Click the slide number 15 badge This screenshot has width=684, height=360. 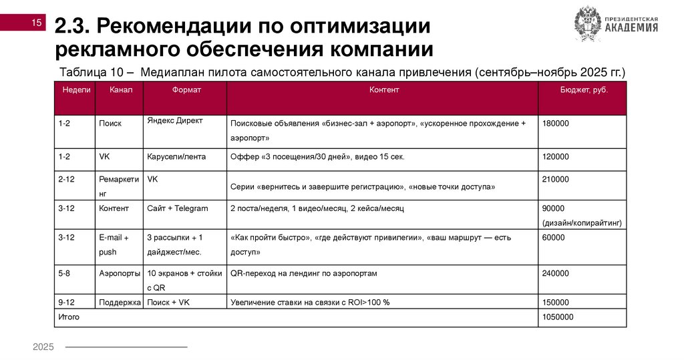[x=37, y=23]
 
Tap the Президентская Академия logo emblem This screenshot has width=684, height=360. [x=588, y=25]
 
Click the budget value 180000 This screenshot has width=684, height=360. [x=556, y=124]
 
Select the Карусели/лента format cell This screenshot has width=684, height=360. [x=176, y=157]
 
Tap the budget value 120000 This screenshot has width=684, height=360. [x=556, y=157]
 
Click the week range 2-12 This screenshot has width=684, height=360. [x=65, y=179]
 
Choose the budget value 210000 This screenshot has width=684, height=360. [x=556, y=179]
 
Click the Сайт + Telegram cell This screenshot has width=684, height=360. [x=177, y=208]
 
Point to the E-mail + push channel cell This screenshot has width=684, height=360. [x=114, y=244]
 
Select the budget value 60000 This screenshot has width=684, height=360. [x=554, y=237]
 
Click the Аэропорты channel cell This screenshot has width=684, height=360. [x=119, y=273]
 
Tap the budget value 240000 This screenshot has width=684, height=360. [x=556, y=273]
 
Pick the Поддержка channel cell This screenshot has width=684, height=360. [x=120, y=303]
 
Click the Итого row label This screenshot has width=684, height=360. [x=69, y=317]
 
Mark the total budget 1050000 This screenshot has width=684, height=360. [x=558, y=317]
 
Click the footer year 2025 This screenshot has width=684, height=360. [x=43, y=347]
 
